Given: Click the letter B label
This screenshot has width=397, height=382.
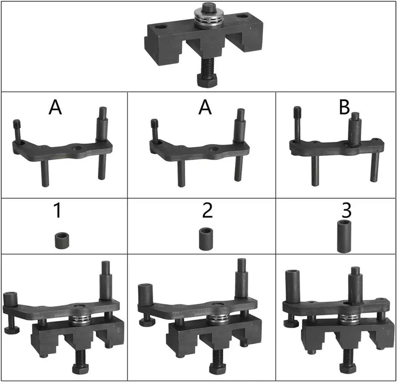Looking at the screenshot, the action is (344, 107).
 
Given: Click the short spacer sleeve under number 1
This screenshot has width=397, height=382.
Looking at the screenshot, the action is (62, 240).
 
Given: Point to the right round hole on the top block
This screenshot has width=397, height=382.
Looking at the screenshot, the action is (242, 16).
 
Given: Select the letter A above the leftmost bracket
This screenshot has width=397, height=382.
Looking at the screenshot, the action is (55, 108).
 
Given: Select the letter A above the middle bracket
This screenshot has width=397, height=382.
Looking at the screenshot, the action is (205, 108).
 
